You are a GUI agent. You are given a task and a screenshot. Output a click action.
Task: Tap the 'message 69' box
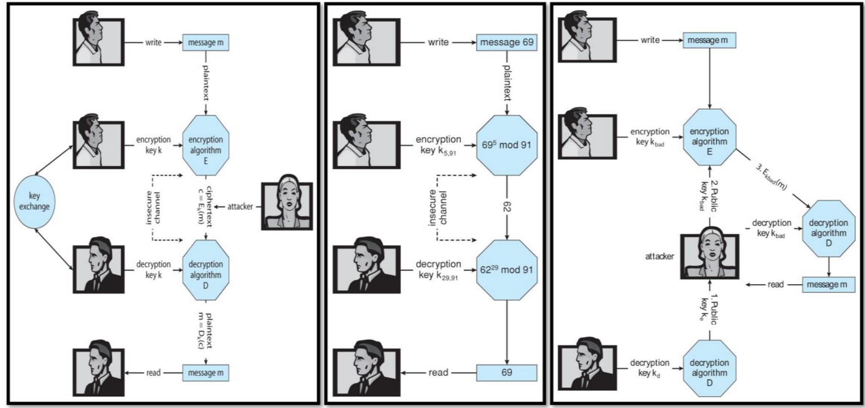coord(506,42)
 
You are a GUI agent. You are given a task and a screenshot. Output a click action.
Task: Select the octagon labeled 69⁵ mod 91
coord(506,145)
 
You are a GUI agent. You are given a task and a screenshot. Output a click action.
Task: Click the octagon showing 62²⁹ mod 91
coord(506,270)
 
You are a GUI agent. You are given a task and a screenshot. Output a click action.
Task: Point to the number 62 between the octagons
coord(507,207)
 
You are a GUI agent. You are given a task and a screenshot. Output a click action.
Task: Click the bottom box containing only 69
coord(506,372)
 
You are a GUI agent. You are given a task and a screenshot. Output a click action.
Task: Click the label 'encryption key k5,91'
coord(438,145)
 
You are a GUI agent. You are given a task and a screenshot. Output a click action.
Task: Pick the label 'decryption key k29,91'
coord(438,269)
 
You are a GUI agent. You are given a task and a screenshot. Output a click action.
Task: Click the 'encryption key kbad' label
coord(649,137)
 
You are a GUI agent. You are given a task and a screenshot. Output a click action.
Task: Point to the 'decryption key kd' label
coord(649,367)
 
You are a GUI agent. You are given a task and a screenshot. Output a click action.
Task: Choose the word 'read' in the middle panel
coord(438,372)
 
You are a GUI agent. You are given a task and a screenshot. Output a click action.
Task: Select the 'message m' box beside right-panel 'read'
coord(827,285)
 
